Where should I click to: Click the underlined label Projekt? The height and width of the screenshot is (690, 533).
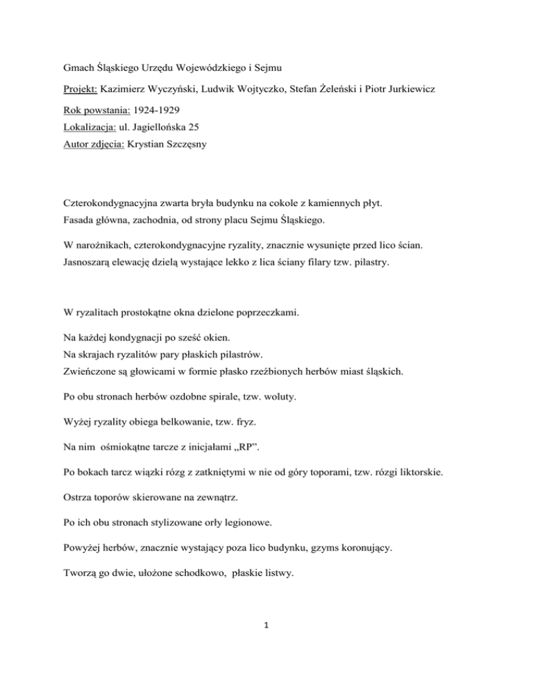pos(76,90)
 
